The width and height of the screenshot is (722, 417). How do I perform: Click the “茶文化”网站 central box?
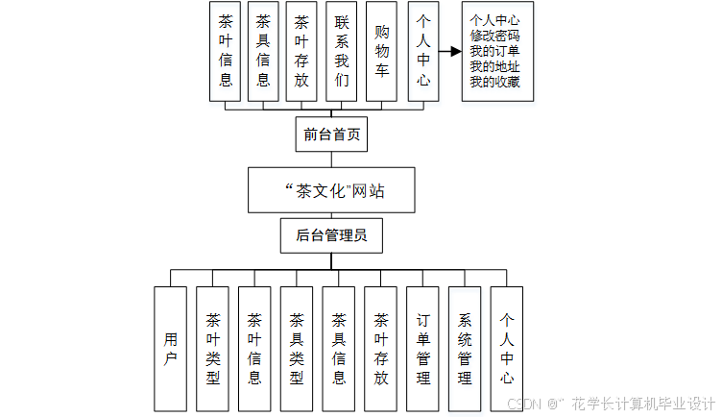click(x=335, y=190)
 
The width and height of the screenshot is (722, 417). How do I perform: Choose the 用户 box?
click(x=170, y=350)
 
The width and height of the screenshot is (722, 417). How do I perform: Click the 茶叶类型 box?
click(x=212, y=350)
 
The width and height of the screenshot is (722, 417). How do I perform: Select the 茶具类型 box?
click(x=297, y=350)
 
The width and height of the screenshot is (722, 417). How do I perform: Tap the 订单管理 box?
click(x=423, y=350)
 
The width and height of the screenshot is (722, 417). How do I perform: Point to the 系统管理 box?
click(x=466, y=350)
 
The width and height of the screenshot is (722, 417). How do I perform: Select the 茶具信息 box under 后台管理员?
click(x=339, y=350)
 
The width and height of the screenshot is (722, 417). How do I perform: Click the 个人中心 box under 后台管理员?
click(x=508, y=350)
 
